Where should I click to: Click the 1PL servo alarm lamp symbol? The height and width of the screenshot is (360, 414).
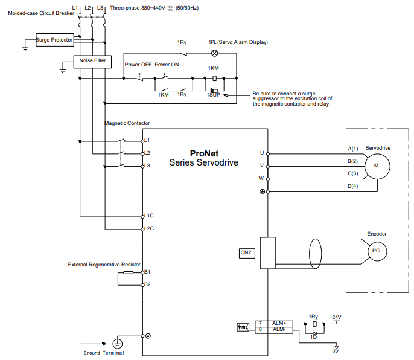point(215,53)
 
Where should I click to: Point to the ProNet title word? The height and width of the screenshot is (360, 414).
point(205,153)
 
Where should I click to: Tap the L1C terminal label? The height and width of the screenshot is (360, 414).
point(149,216)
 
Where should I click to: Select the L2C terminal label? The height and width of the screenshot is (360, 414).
point(149,228)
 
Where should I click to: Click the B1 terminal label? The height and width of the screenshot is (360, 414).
point(147,272)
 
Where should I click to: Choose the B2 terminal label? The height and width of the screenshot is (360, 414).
point(147,284)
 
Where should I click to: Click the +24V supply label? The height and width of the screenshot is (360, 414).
point(336,317)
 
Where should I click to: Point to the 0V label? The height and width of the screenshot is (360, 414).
point(336,352)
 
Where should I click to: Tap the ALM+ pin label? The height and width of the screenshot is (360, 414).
point(279,323)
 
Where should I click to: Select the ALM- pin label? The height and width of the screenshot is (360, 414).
point(279,329)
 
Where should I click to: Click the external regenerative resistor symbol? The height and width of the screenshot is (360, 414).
point(129,272)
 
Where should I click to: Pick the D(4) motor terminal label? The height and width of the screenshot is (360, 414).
point(352,186)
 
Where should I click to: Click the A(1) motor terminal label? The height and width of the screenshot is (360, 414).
point(353,149)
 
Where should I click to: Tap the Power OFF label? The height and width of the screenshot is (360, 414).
point(138,65)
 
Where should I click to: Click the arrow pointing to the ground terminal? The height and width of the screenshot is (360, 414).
point(94,344)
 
